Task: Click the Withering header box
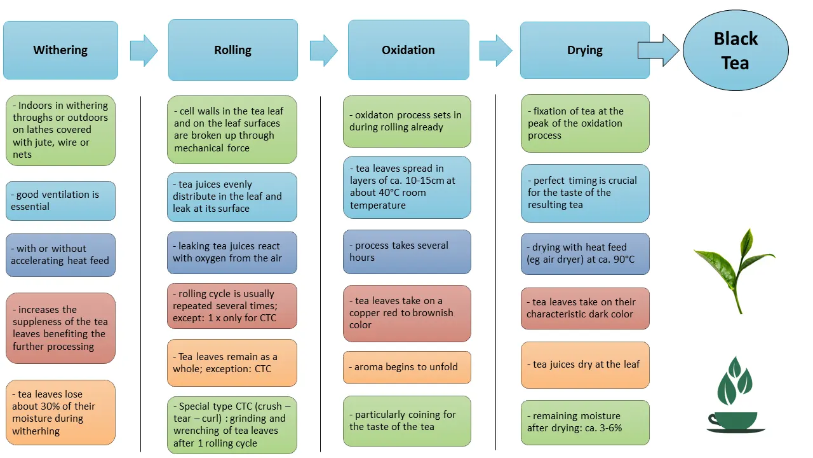click(60, 50)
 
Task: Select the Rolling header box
click(233, 50)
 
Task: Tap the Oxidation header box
click(408, 50)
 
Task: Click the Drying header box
click(585, 50)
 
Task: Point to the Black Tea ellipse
click(736, 50)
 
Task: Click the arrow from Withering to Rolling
click(144, 50)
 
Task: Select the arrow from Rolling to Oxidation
click(324, 50)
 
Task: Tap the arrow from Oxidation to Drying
click(496, 50)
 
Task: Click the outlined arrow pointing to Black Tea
click(659, 50)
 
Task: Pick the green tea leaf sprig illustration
click(735, 271)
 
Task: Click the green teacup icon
click(736, 395)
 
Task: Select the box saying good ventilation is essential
click(60, 200)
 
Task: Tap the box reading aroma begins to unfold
click(407, 367)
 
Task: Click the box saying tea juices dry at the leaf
click(585, 365)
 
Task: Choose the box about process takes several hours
click(407, 251)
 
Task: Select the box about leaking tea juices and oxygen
click(232, 253)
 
